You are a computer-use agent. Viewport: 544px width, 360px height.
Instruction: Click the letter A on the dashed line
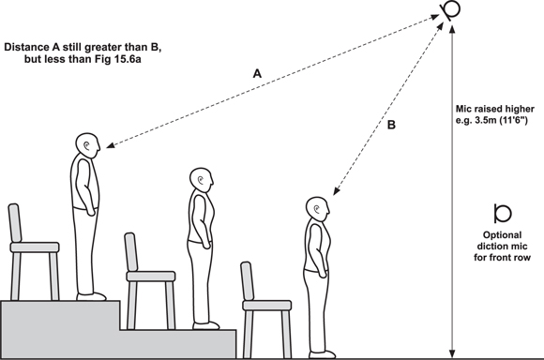(257, 73)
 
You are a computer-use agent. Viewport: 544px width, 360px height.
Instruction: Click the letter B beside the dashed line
(391, 125)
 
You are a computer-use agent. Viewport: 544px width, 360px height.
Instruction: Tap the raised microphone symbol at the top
(451, 9)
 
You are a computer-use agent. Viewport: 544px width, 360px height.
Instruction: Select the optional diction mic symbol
(502, 214)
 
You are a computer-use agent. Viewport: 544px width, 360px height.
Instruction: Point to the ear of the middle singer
(201, 179)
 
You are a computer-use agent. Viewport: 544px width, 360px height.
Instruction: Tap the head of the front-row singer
(317, 209)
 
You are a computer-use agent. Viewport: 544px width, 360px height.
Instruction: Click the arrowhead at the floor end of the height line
(451, 353)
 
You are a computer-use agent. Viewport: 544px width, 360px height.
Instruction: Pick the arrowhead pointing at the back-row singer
(111, 145)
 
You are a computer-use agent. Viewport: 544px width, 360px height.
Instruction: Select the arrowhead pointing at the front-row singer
(336, 190)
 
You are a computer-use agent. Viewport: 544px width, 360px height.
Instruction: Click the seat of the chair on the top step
(35, 247)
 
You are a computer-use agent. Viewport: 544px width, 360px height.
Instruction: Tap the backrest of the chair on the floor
(248, 281)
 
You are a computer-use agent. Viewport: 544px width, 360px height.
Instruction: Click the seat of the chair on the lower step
(151, 276)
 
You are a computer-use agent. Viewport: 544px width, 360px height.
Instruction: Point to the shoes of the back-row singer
(91, 297)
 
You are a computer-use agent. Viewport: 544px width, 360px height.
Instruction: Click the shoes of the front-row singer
(323, 354)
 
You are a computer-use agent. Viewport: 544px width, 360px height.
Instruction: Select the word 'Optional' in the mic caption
(502, 235)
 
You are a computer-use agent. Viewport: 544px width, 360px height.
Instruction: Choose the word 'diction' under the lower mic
(491, 247)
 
